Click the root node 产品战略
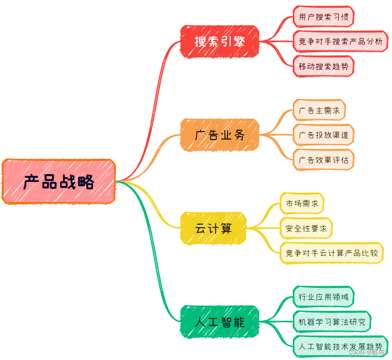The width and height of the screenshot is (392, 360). click(x=58, y=182)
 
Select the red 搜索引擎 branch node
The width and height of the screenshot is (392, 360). click(x=220, y=41)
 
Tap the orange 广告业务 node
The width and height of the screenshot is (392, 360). click(x=220, y=135)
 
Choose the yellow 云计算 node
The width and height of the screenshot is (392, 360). click(x=213, y=228)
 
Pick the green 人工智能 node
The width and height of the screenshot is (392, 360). click(x=220, y=322)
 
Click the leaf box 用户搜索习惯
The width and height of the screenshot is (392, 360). click(x=324, y=17)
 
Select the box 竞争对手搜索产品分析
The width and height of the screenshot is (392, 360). click(x=340, y=41)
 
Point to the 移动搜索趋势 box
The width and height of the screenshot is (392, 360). click(x=324, y=66)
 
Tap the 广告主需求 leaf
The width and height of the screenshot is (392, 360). click(x=319, y=110)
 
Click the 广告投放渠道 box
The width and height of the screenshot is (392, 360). click(x=324, y=135)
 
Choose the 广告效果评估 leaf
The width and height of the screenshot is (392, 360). click(x=324, y=159)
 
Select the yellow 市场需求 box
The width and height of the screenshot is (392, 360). click(x=302, y=203)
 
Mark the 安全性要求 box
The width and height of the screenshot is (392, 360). click(x=306, y=228)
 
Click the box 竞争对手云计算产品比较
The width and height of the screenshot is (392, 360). click(x=331, y=253)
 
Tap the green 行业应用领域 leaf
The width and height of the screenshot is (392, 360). click(x=324, y=297)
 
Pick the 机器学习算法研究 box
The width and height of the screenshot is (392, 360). click(x=331, y=321)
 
